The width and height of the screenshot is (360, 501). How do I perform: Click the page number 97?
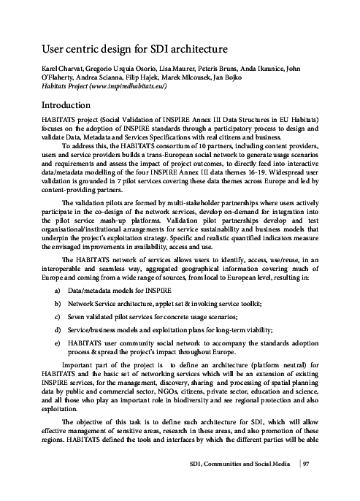[x=307, y=483]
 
